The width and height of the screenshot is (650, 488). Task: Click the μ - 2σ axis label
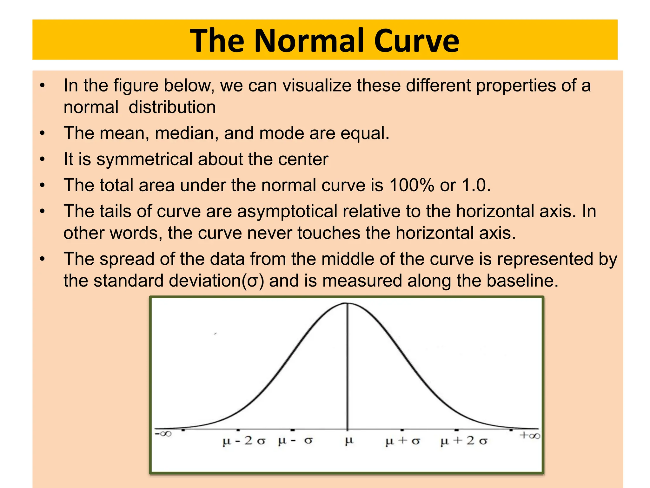[244, 441]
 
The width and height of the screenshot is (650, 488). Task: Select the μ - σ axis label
[295, 441]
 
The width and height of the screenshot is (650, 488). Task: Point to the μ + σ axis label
[402, 441]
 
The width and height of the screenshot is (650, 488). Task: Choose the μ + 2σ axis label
[464, 441]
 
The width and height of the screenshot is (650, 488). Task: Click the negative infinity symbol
[163, 434]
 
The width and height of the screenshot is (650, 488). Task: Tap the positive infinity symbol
[530, 435]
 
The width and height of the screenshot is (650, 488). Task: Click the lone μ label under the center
[349, 441]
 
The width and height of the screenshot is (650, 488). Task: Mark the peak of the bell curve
[347, 303]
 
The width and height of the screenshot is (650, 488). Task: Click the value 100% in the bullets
[412, 185]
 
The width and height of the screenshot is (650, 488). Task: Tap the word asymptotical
[287, 211]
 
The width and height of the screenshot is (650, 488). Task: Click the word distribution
[172, 107]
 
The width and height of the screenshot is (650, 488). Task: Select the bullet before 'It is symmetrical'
[43, 159]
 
